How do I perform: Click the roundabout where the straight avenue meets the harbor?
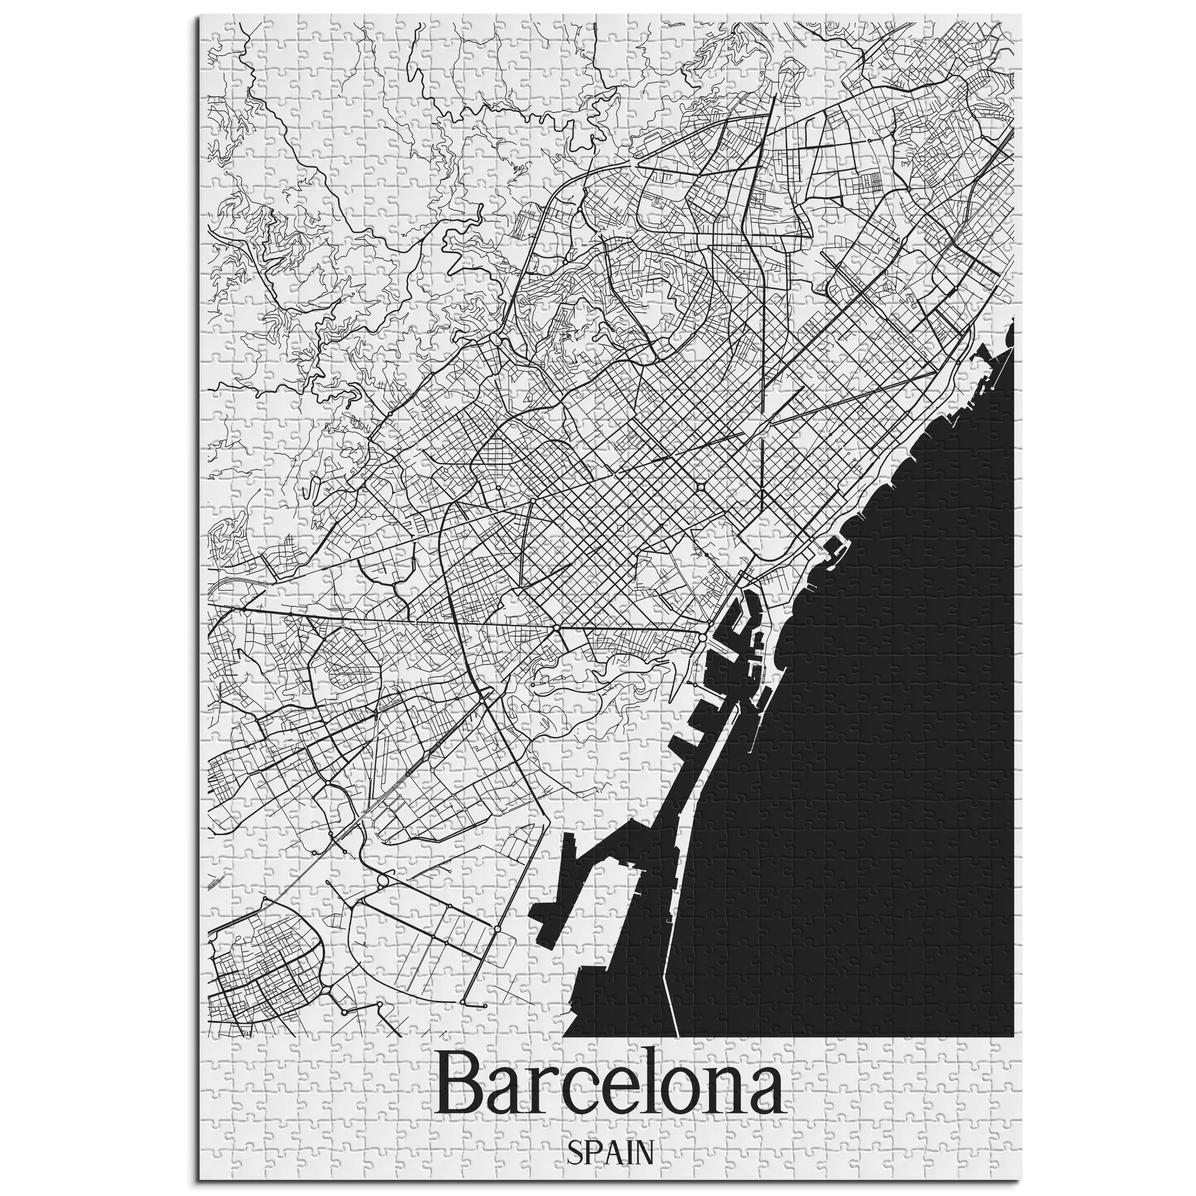pos(703,636)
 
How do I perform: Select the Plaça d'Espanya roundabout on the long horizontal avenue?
pos(556,628)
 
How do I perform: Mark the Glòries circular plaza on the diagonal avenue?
pos(700,488)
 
